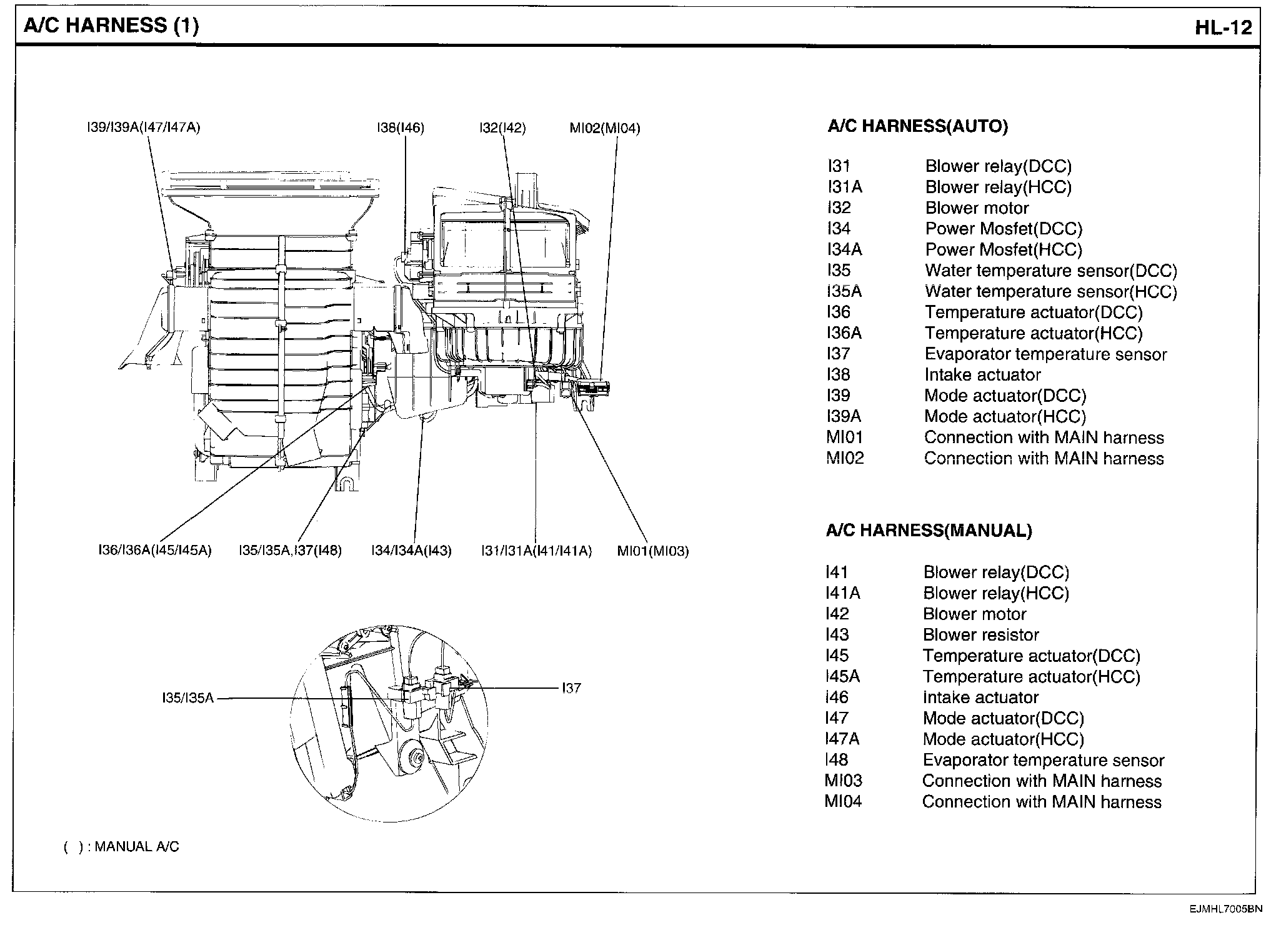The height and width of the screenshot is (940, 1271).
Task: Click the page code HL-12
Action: (1224, 28)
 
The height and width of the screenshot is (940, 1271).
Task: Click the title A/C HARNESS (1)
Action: (111, 26)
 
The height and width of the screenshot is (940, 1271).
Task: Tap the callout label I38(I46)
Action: (401, 128)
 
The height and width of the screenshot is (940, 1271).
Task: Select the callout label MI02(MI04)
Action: (604, 128)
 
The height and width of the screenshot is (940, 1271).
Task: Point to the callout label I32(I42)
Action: (502, 128)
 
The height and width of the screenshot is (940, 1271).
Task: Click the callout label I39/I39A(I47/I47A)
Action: (143, 128)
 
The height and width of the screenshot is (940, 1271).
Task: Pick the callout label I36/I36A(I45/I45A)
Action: (155, 551)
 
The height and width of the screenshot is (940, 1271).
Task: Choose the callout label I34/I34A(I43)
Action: (411, 551)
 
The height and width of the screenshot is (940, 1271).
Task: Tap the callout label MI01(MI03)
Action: (652, 551)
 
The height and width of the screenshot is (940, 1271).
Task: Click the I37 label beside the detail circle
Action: (571, 688)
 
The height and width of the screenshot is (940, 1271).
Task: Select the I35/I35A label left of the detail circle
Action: (188, 698)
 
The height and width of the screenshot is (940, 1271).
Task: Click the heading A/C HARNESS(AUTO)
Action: (917, 127)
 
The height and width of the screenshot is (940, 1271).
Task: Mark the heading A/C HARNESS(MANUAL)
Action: (929, 531)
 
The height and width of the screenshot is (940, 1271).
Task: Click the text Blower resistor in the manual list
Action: (980, 635)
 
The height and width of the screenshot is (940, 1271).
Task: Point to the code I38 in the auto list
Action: (838, 374)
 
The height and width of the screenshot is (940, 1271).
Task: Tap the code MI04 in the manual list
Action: (843, 801)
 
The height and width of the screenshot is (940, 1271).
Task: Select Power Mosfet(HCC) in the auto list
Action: (1003, 249)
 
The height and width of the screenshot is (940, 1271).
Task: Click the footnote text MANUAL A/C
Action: (137, 847)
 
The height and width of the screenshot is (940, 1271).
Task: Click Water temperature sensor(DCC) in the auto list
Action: (1050, 271)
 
